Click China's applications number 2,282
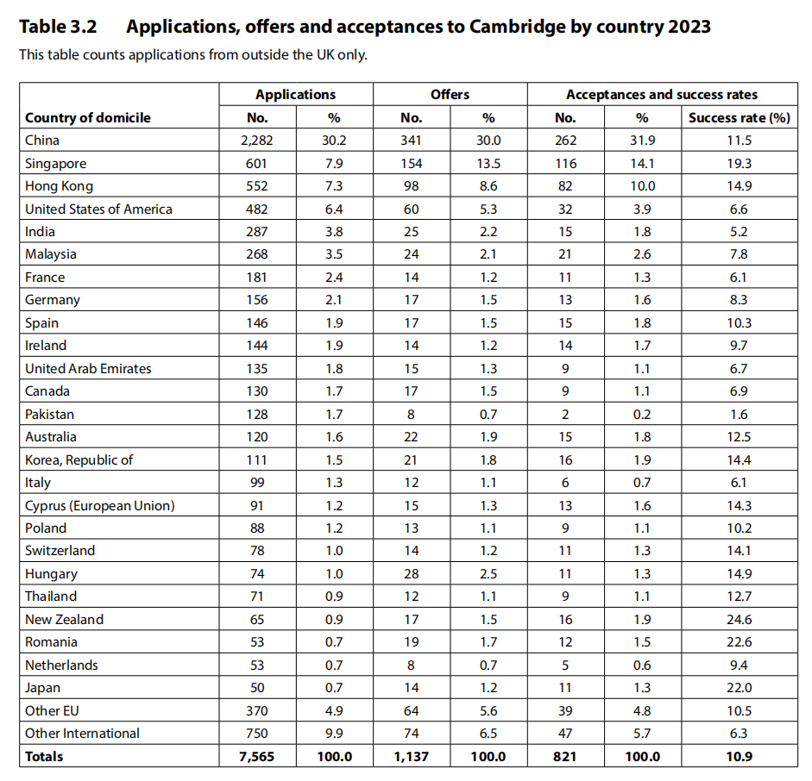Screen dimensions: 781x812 pyautogui.click(x=256, y=141)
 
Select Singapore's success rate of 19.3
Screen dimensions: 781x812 pyautogui.click(x=739, y=163)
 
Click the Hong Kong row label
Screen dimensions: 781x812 pyautogui.click(x=59, y=186)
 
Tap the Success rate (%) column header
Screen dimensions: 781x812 pyautogui.click(x=739, y=118)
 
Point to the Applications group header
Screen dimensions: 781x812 pyautogui.click(x=295, y=95)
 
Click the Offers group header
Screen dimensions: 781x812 pyautogui.click(x=450, y=95)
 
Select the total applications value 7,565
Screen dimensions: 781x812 pyautogui.click(x=256, y=756)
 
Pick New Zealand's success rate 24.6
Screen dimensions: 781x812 pyautogui.click(x=739, y=619)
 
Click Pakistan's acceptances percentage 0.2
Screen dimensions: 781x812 pyautogui.click(x=642, y=414)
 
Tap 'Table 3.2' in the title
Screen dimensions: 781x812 pyautogui.click(x=58, y=27)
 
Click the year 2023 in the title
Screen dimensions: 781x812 pyautogui.click(x=689, y=27)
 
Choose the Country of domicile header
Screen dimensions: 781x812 pyautogui.click(x=87, y=118)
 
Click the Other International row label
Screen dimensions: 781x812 pyautogui.click(x=82, y=733)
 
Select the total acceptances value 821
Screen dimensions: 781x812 pyautogui.click(x=565, y=756)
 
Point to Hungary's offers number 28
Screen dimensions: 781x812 pyautogui.click(x=412, y=573)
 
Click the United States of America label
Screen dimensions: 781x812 pyautogui.click(x=98, y=209)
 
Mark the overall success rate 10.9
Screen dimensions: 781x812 pyautogui.click(x=739, y=756)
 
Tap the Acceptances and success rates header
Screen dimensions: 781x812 pyautogui.click(x=661, y=95)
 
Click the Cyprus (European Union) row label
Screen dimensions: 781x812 pyautogui.click(x=99, y=505)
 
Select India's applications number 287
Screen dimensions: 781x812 pyautogui.click(x=256, y=231)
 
